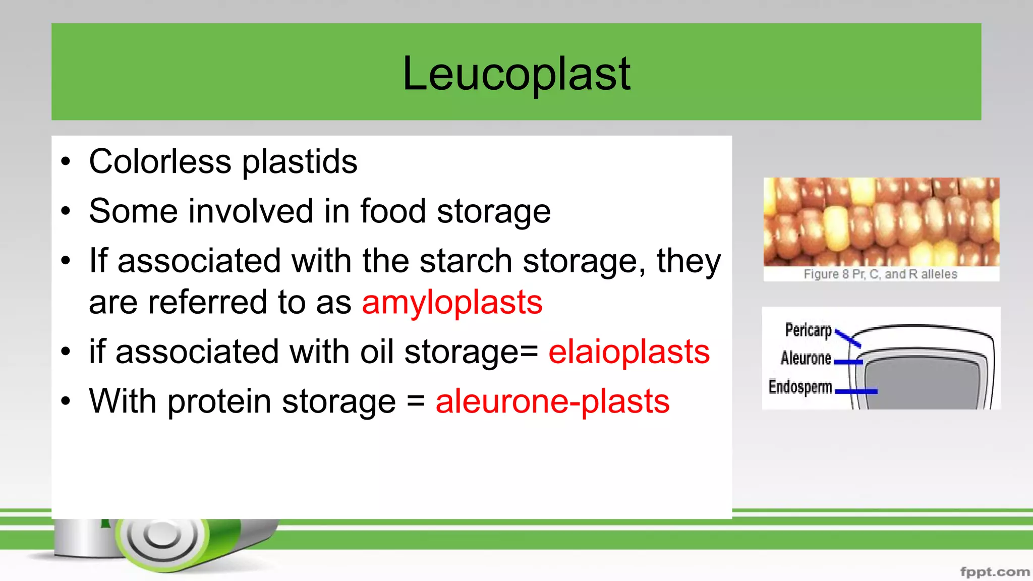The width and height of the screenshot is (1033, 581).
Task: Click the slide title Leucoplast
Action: click(516, 74)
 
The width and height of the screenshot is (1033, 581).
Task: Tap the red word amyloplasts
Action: click(452, 303)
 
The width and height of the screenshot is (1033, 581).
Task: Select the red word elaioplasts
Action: click(629, 352)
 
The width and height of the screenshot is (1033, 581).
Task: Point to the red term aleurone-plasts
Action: click(552, 401)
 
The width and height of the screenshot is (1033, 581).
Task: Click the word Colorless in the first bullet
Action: click(160, 162)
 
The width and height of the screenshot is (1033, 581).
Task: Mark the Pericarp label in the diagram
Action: click(808, 330)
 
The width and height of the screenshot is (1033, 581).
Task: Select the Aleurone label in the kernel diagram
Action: click(806, 358)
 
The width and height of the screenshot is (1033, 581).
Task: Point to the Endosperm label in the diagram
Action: click(800, 387)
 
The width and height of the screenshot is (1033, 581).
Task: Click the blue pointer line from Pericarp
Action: click(848, 338)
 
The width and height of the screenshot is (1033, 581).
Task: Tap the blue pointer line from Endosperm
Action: click(856, 391)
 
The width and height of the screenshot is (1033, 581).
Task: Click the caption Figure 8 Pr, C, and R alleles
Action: click(880, 274)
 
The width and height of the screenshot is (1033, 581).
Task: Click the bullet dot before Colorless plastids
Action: click(66, 162)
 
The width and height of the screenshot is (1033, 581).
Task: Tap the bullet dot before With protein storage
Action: click(66, 402)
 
